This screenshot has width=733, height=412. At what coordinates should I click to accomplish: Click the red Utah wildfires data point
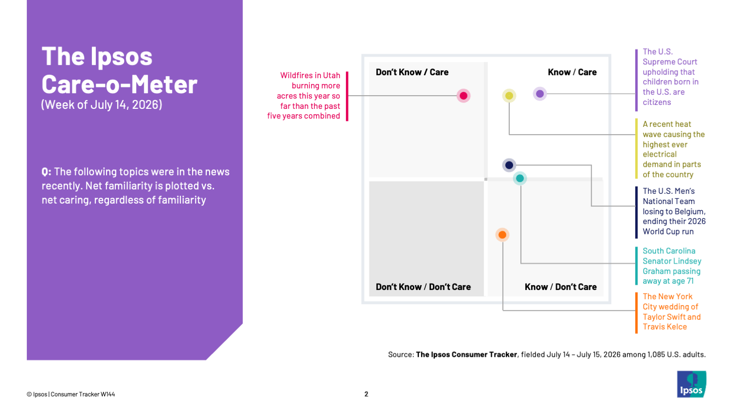click(463, 96)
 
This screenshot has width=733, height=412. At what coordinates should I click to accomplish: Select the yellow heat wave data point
click(509, 96)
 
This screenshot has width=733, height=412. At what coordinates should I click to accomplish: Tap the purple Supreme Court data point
click(539, 94)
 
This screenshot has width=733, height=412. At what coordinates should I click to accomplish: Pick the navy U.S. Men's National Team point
click(509, 165)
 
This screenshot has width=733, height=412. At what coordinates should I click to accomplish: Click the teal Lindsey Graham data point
click(519, 179)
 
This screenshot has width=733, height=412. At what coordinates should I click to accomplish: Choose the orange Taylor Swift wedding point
click(502, 235)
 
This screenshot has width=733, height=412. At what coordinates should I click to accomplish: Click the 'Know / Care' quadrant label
click(572, 72)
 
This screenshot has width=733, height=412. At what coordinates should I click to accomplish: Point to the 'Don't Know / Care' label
click(412, 72)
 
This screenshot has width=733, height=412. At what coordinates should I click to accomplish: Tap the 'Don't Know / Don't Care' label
click(423, 287)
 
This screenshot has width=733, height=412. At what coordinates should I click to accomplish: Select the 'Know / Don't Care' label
click(561, 287)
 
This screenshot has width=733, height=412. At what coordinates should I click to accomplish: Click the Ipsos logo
click(691, 384)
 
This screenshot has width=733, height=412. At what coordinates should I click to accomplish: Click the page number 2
click(366, 394)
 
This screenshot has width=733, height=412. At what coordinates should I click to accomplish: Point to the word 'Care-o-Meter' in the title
click(119, 84)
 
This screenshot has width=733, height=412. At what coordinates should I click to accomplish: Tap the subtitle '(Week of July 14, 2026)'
click(102, 104)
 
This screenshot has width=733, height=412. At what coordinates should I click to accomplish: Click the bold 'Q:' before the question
click(46, 172)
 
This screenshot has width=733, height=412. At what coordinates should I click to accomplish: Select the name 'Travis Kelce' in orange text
click(665, 327)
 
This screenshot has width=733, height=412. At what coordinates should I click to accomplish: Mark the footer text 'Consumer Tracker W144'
click(83, 394)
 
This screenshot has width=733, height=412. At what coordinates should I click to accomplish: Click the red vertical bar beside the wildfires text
click(347, 96)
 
